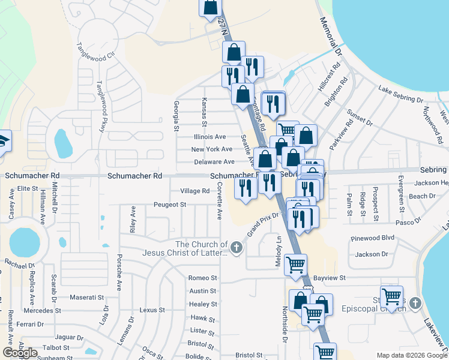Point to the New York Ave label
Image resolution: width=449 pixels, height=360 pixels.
(211, 149)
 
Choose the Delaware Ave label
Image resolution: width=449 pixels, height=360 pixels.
(214, 162)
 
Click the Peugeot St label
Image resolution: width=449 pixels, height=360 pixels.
(170, 205)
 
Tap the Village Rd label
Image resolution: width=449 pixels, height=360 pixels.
(195, 191)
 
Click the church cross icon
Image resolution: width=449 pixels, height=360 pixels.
(237, 247)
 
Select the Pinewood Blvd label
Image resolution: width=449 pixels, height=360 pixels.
(373, 238)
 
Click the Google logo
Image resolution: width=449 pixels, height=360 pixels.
(20, 353)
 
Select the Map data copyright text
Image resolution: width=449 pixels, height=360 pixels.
(412, 355)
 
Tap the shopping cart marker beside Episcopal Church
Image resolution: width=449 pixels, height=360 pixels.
(391, 296)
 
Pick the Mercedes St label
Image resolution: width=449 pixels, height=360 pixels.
(41, 311)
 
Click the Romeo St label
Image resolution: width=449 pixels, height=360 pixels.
(202, 278)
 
